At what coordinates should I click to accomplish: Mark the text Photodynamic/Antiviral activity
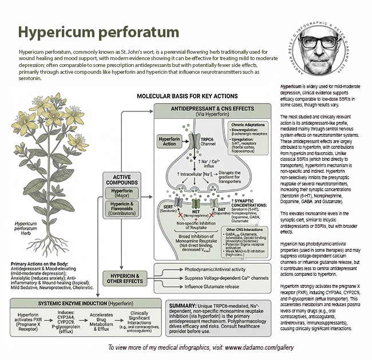click(214, 269)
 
